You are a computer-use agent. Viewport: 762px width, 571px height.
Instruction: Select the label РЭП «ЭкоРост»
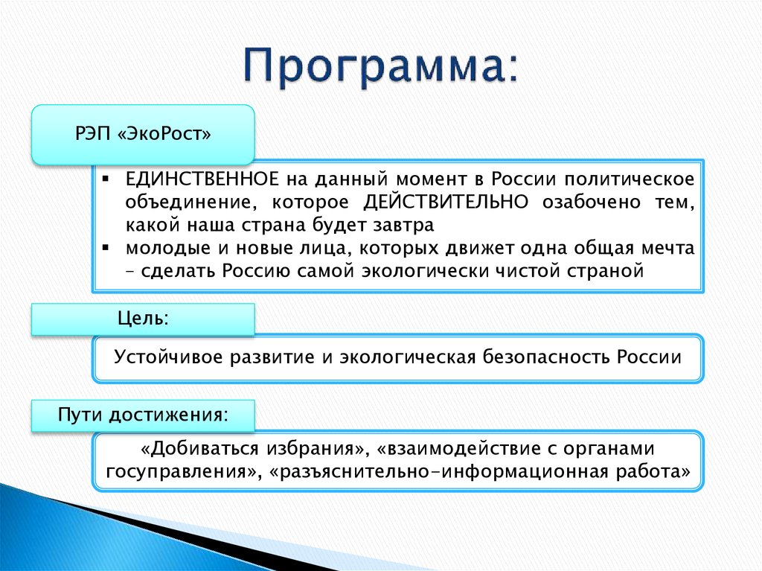143,135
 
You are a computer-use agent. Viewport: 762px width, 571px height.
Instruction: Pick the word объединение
187,202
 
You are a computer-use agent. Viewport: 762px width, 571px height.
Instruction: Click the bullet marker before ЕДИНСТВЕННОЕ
106,179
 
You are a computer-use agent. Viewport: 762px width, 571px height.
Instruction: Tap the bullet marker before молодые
106,247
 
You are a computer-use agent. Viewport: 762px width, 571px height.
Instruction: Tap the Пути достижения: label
143,414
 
